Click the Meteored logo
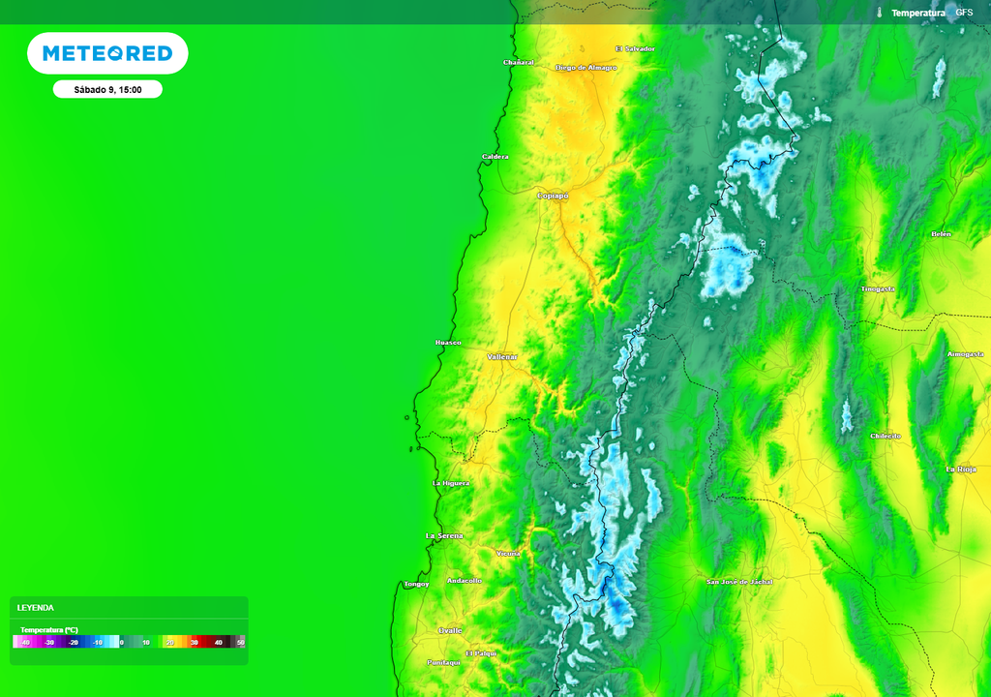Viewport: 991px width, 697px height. click(x=107, y=53)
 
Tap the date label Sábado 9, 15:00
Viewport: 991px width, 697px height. click(x=107, y=89)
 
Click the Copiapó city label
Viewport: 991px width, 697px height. click(x=553, y=196)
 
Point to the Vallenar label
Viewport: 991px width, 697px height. click(x=502, y=357)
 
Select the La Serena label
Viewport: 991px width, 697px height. click(x=444, y=535)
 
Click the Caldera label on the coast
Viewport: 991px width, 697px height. click(x=495, y=157)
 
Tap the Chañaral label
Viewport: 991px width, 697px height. click(x=519, y=62)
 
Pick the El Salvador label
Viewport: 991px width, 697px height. click(x=635, y=48)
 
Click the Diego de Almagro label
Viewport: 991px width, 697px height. click(x=586, y=68)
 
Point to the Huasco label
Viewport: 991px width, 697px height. click(x=448, y=343)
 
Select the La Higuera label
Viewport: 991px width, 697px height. click(x=451, y=482)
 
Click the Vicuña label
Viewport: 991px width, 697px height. click(x=508, y=553)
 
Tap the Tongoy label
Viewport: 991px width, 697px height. click(x=416, y=584)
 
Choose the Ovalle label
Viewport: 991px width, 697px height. click(x=451, y=629)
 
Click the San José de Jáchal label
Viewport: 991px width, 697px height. click(x=739, y=582)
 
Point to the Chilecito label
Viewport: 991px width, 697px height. click(x=886, y=436)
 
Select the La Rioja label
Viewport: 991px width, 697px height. click(x=961, y=469)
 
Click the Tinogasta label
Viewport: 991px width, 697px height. click(x=878, y=288)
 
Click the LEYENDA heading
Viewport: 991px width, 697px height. click(x=36, y=608)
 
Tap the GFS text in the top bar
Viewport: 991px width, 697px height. click(x=964, y=13)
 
